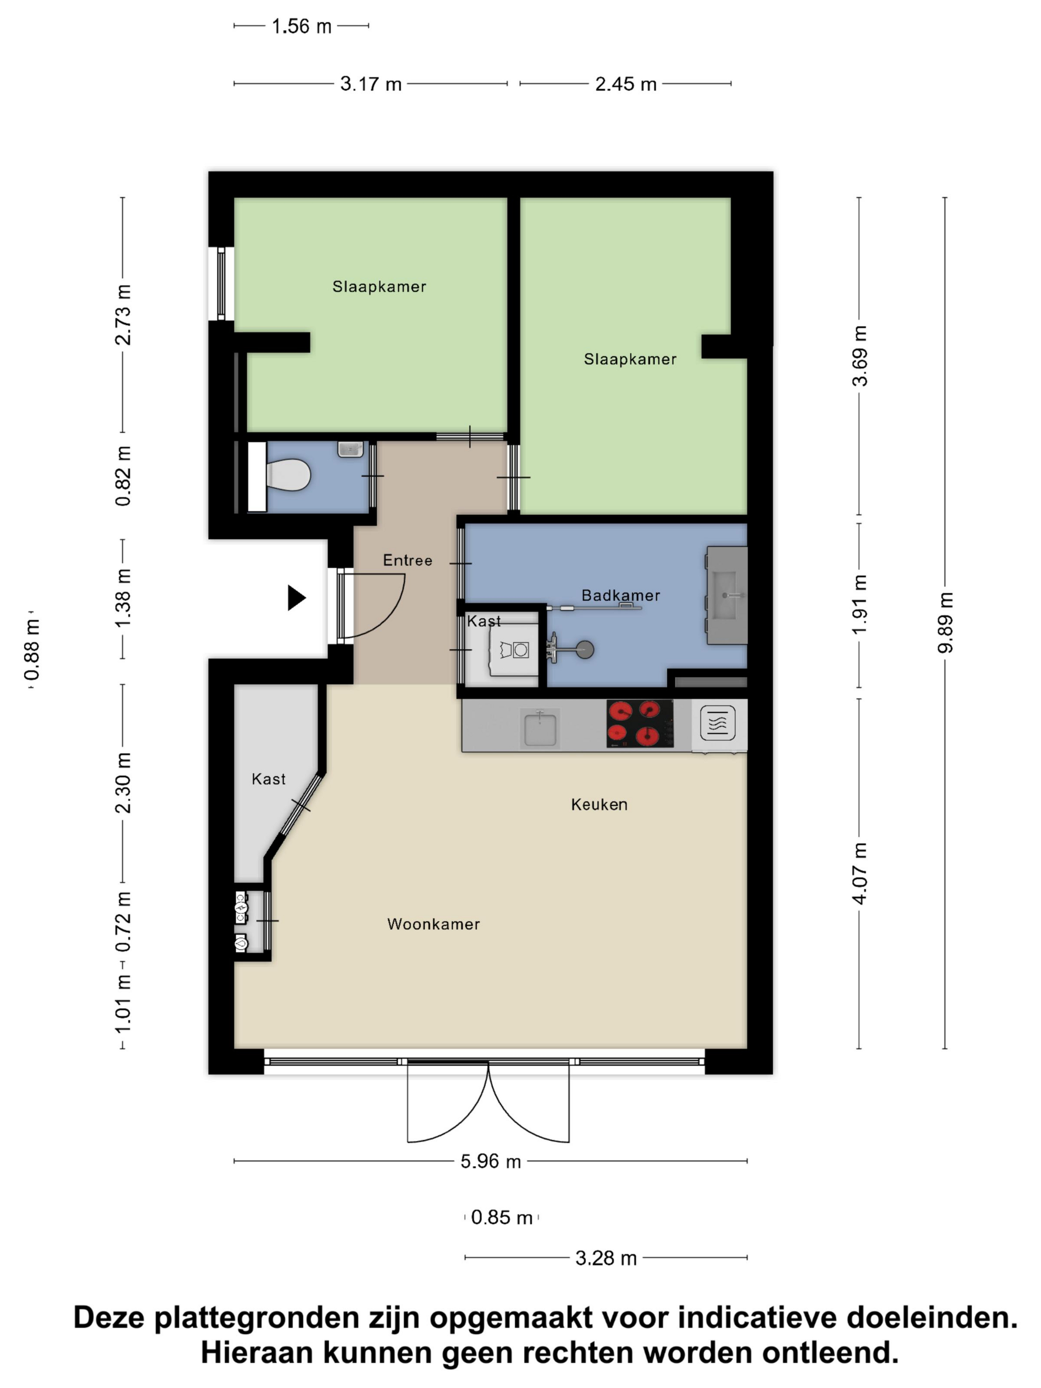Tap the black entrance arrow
tap(296, 597)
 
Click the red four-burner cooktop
tap(639, 723)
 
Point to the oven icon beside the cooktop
tap(717, 723)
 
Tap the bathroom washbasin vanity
tap(727, 595)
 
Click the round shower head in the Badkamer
tap(585, 649)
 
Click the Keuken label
tap(599, 805)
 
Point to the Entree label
tap(408, 560)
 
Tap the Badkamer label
tap(621, 595)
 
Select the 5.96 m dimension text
tap(491, 1161)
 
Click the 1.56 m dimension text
tap(301, 26)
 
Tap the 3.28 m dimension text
tap(606, 1258)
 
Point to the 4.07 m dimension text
tap(859, 873)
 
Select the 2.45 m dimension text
tap(626, 84)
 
